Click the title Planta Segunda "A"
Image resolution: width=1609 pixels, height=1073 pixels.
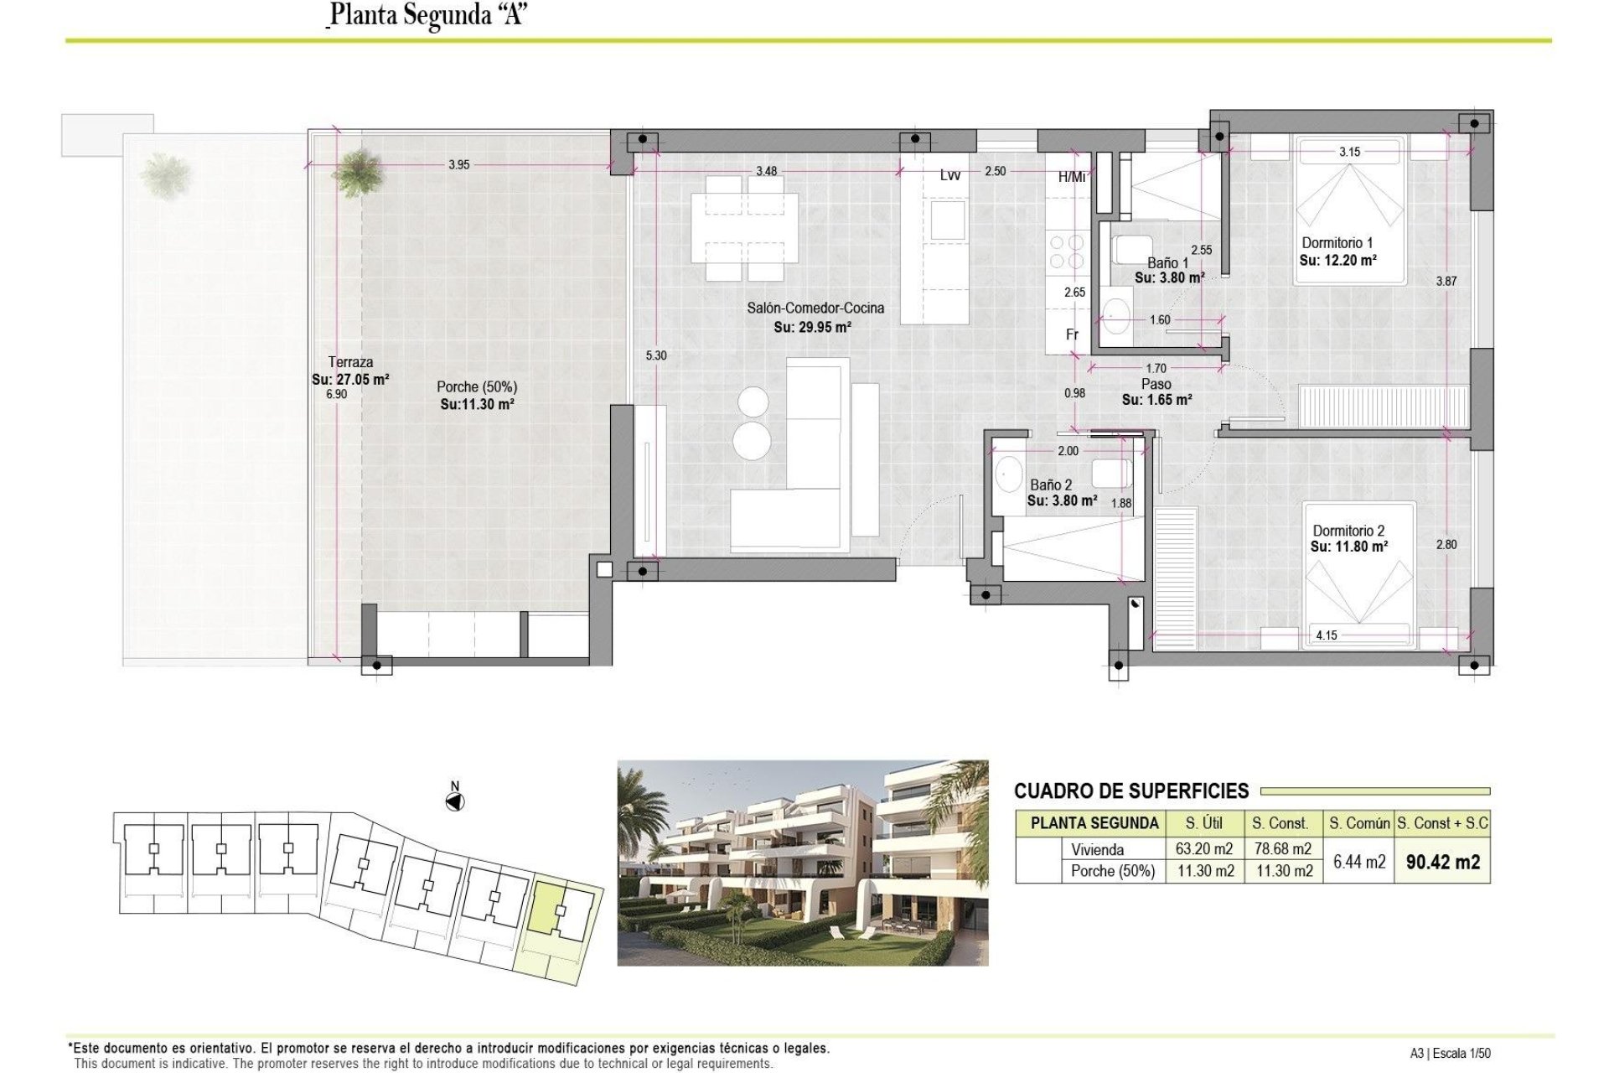point(427,15)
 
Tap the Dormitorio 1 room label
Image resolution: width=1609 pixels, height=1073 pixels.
point(1337,243)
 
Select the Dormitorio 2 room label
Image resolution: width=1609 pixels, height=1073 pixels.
point(1348,531)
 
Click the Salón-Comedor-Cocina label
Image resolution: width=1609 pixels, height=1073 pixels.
point(815,308)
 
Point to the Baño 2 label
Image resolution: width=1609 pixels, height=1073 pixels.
point(1050,485)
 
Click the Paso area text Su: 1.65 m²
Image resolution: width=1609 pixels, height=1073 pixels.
point(1156,400)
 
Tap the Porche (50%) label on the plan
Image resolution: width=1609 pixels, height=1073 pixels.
point(476,387)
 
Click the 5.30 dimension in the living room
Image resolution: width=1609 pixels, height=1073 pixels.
point(656,355)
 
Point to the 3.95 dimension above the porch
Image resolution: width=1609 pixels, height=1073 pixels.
point(458,165)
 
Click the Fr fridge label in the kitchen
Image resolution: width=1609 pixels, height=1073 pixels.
point(1072,334)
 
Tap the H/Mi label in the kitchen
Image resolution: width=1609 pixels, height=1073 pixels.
point(1071,177)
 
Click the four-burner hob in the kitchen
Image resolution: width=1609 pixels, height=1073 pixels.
point(1065,252)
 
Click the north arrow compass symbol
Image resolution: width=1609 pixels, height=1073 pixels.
point(455,802)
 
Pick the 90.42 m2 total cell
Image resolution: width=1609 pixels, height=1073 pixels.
point(1442,862)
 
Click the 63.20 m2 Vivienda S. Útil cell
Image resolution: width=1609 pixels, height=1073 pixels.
point(1203,849)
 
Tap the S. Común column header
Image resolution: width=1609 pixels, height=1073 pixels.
point(1358,823)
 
